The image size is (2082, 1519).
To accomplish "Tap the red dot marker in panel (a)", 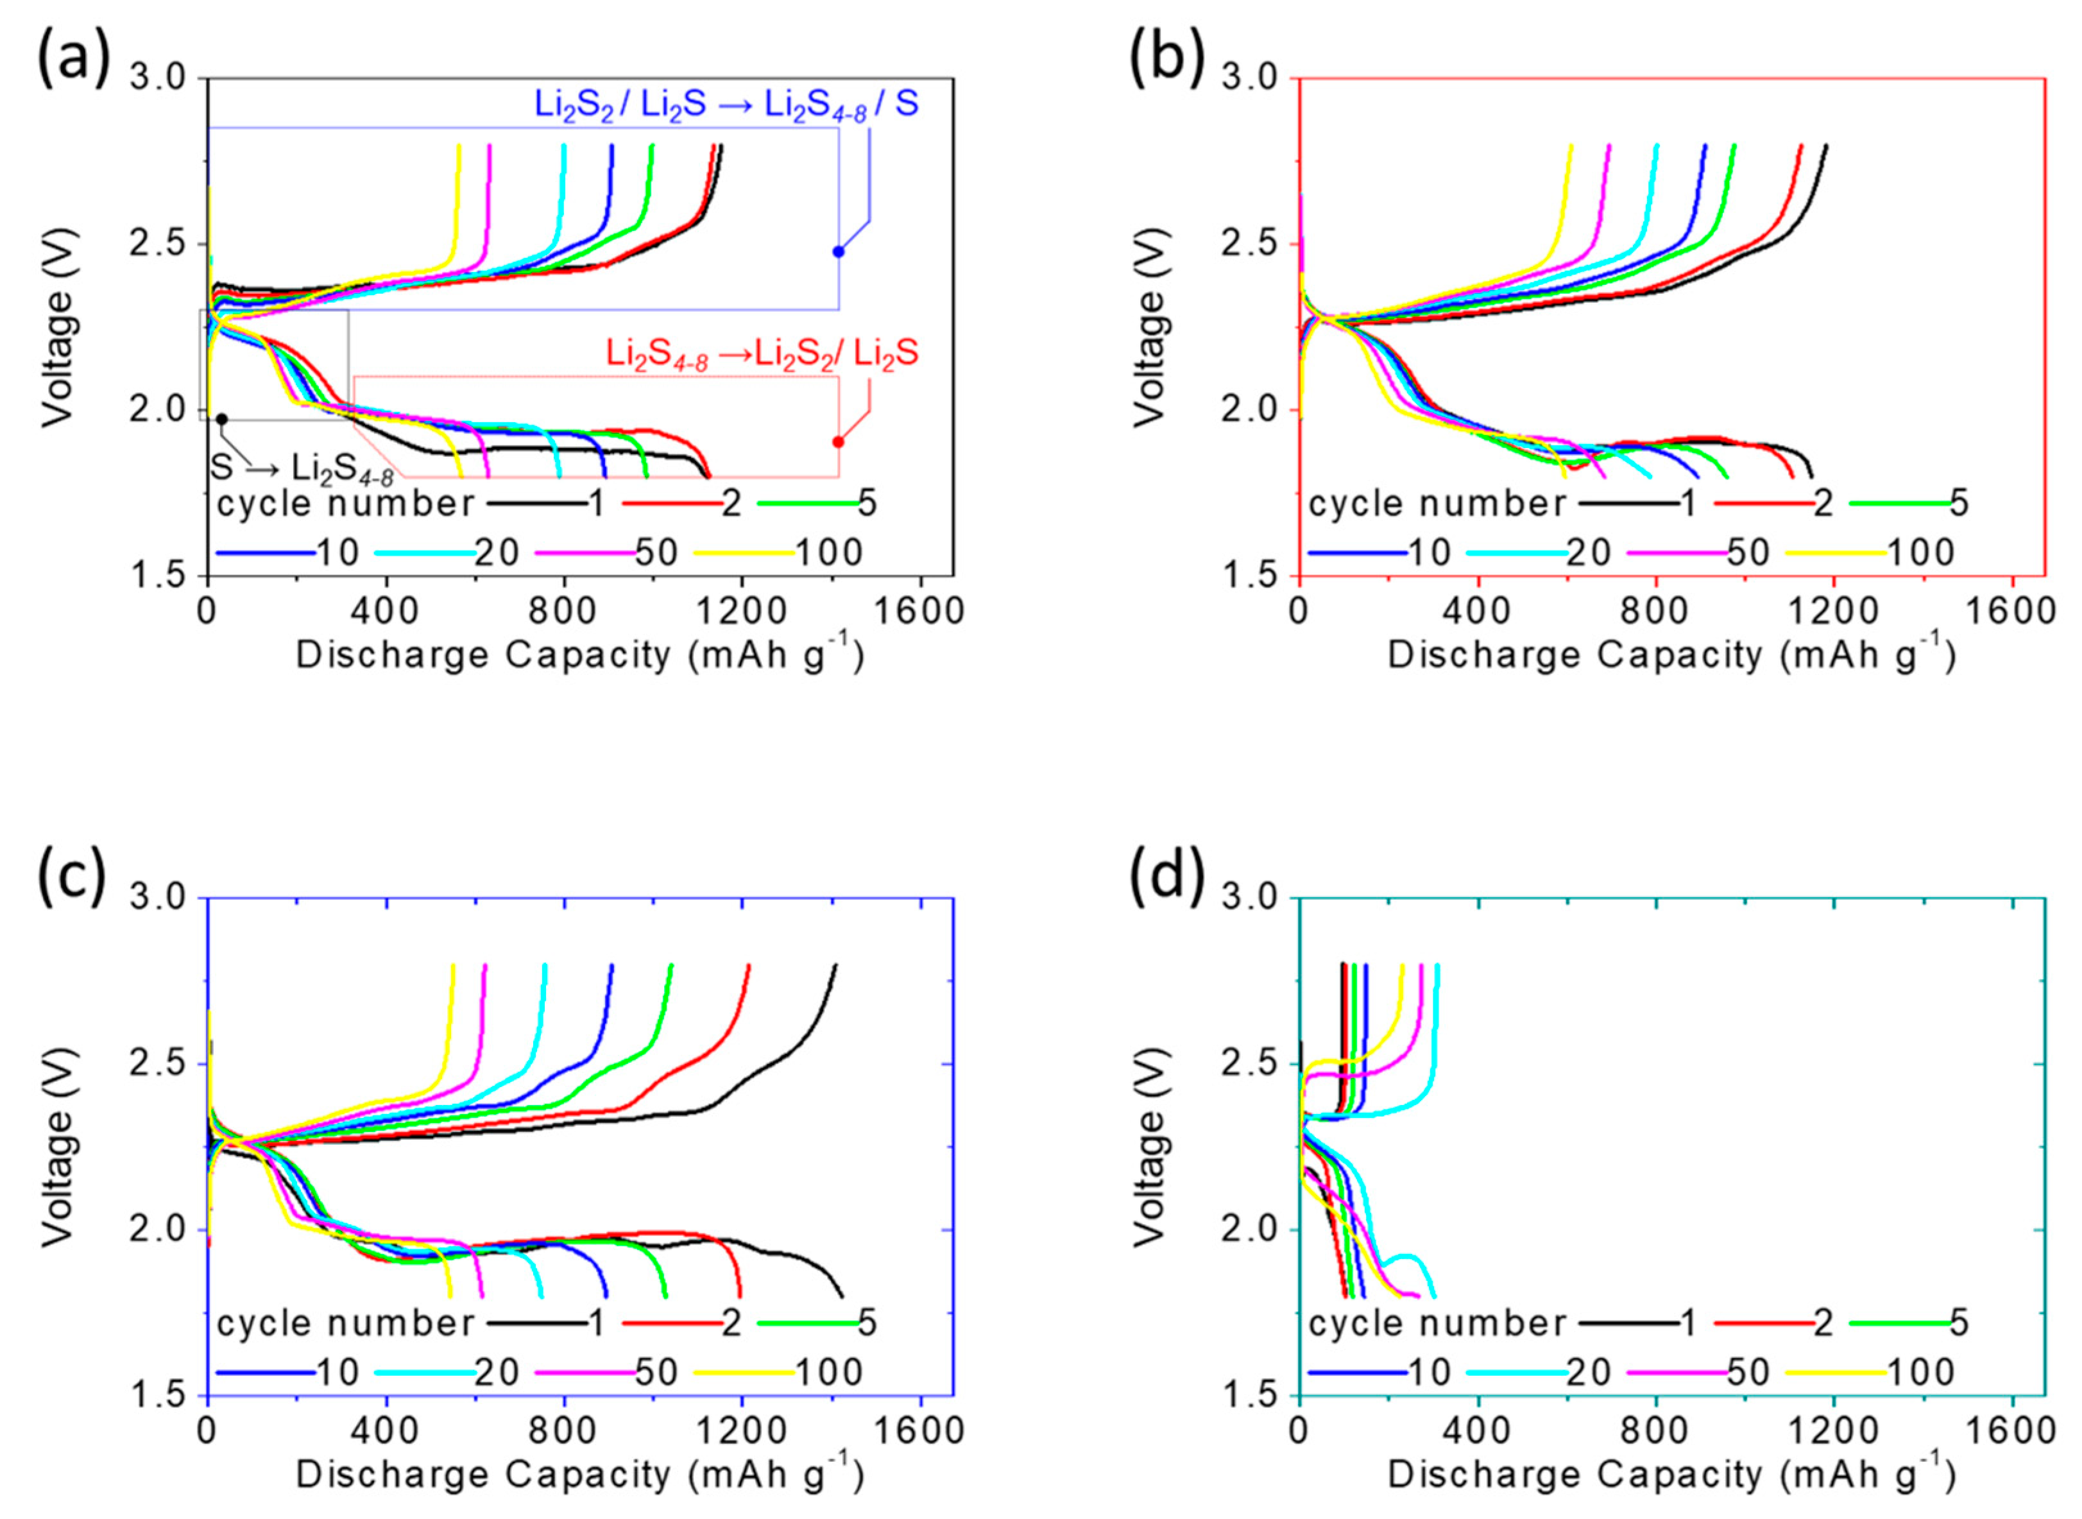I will (839, 442).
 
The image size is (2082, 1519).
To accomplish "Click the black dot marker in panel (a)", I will (221, 419).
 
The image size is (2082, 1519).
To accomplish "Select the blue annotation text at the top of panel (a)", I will (726, 105).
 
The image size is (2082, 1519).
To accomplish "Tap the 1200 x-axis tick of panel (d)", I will (1834, 1432).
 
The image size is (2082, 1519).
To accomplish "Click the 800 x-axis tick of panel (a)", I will (563, 612).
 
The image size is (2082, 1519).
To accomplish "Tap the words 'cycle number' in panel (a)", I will (345, 504).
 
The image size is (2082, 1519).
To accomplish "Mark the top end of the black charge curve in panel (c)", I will (835, 965).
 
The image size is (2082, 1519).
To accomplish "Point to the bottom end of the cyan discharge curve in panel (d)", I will (1433, 1296).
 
